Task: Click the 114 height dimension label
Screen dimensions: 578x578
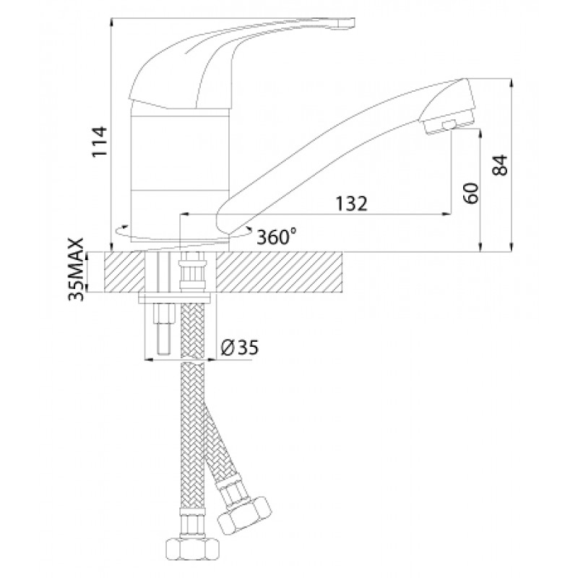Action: coord(100,142)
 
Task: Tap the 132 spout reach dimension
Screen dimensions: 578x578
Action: coord(351,204)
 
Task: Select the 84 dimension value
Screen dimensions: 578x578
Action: coord(500,165)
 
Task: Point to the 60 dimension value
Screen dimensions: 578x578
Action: coord(471,193)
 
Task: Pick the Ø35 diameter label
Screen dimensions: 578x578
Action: coord(240,348)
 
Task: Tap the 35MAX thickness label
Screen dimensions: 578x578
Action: coord(77,269)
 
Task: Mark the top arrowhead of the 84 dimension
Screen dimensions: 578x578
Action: coord(511,83)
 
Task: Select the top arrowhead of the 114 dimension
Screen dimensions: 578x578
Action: coord(112,23)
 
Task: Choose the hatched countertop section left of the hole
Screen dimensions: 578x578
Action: coord(125,272)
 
